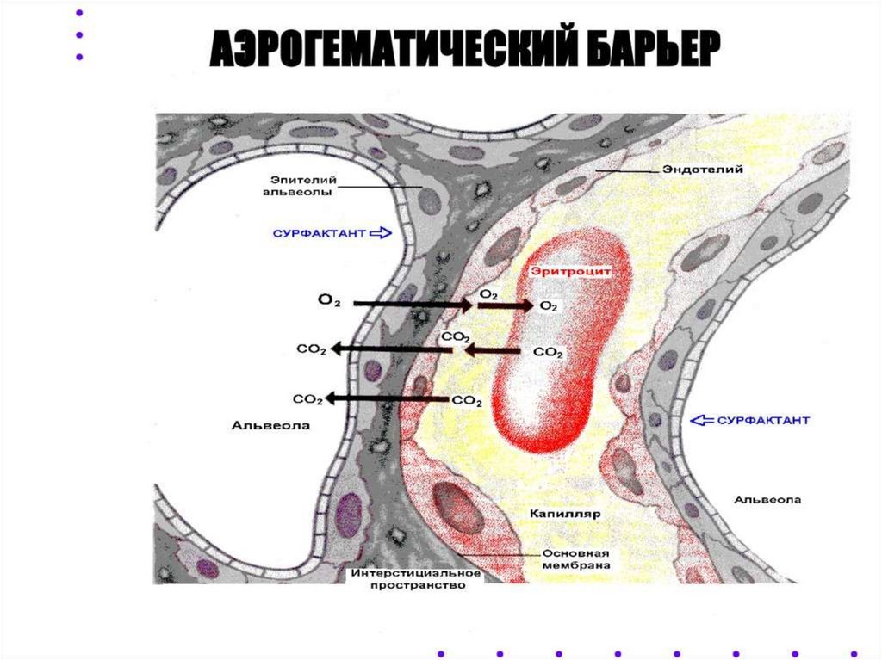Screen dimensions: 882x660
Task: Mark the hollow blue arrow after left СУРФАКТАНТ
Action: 381,232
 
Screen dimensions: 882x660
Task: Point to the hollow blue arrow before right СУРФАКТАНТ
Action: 704,420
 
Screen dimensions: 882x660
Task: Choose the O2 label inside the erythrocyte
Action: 548,306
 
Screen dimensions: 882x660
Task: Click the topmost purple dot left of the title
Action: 79,14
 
